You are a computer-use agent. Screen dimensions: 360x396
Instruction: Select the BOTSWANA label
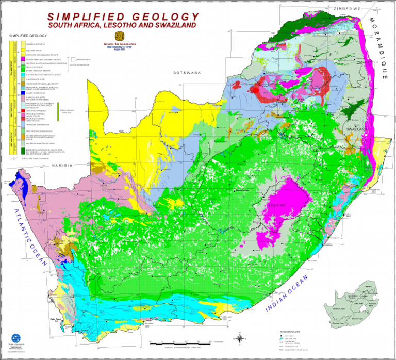click(186, 73)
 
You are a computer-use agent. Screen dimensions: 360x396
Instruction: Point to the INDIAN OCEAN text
click(286, 294)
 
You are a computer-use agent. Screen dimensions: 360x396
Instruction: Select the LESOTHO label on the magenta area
click(277, 205)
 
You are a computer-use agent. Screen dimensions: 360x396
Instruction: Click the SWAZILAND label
click(356, 128)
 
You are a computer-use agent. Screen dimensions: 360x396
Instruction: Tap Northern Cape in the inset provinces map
click(340, 309)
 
